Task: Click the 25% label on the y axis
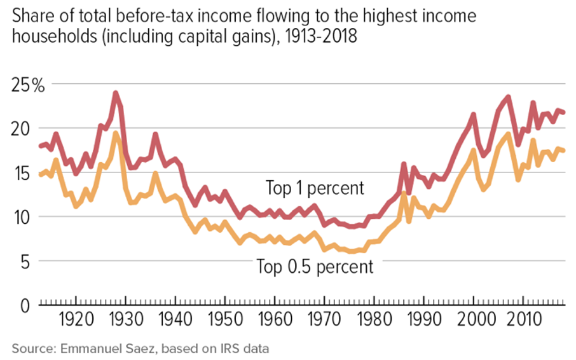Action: (x=27, y=85)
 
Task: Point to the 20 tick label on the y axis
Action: (x=21, y=128)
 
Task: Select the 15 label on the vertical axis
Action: (x=21, y=173)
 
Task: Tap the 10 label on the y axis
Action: (x=21, y=217)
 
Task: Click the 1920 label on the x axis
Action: (x=76, y=319)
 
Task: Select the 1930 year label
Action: (x=125, y=319)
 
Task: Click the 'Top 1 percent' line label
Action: (x=315, y=188)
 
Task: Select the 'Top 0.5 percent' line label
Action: (x=315, y=266)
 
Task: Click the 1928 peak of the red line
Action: (x=115, y=93)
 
